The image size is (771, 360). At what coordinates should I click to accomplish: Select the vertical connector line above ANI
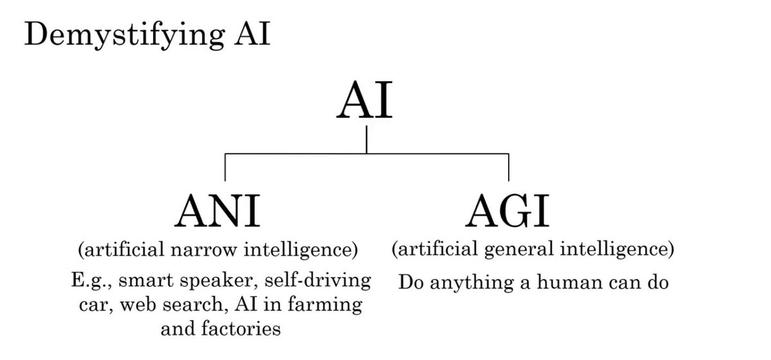(x=224, y=167)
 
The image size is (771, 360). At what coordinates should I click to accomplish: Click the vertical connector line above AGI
(x=508, y=167)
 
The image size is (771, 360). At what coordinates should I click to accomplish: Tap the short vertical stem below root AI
(x=366, y=139)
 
